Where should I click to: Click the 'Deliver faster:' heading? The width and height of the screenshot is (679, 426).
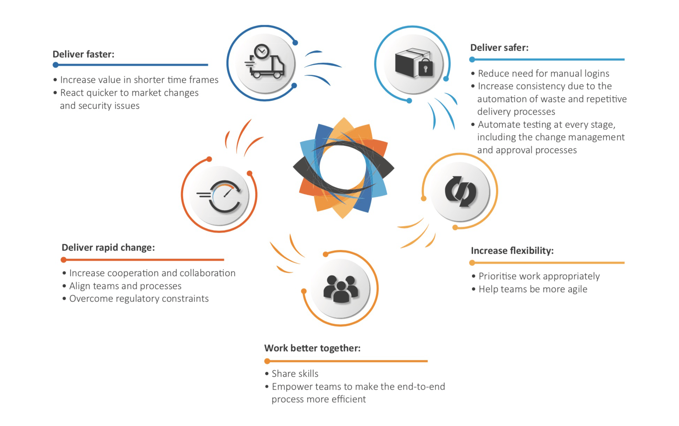83,54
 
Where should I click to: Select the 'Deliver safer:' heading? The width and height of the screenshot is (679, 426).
499,48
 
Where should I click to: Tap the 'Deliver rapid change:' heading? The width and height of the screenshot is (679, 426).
108,247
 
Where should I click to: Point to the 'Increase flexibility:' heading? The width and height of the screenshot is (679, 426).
512,251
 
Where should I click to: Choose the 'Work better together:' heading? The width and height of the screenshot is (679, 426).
312,348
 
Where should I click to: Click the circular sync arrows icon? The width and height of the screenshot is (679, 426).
460,192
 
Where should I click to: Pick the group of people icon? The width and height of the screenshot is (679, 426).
341,289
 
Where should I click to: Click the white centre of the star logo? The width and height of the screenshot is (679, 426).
342,167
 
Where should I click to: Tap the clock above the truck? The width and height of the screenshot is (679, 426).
262,52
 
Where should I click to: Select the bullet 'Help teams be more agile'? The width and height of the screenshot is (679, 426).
530,289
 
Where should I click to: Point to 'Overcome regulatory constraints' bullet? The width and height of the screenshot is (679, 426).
136,298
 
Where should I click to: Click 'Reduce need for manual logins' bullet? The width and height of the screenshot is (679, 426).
540,73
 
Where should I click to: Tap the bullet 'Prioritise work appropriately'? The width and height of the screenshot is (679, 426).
536,276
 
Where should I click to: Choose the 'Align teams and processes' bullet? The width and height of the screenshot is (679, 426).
122,286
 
